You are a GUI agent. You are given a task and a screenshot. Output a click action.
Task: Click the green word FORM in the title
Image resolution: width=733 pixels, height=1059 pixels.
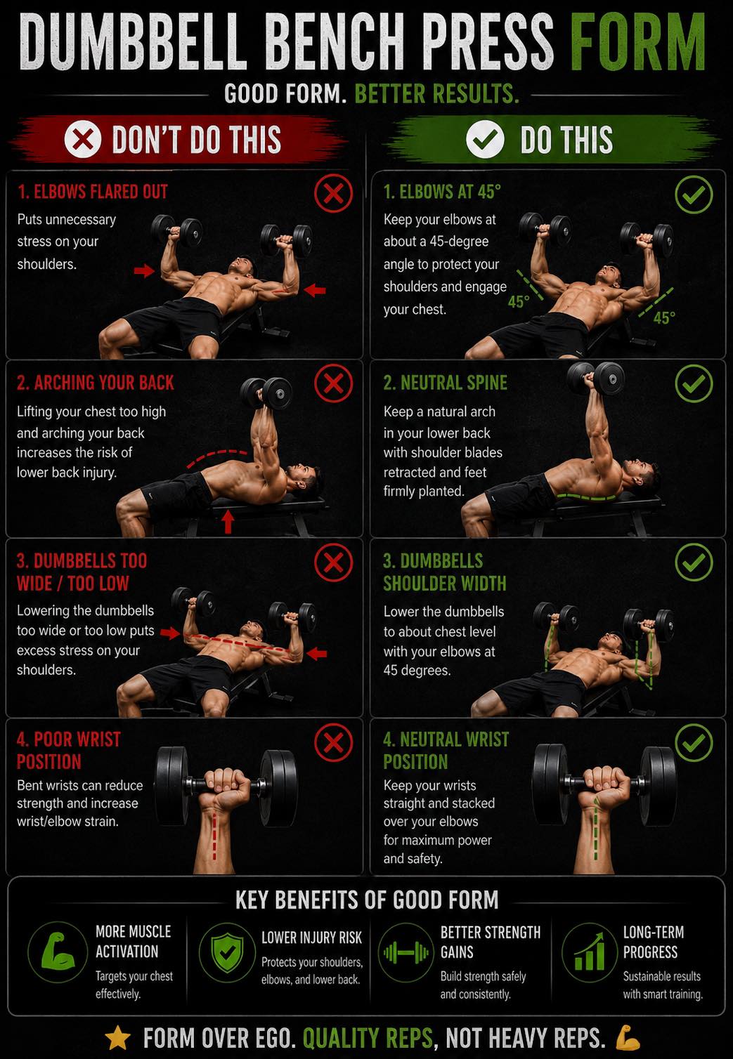click(638, 41)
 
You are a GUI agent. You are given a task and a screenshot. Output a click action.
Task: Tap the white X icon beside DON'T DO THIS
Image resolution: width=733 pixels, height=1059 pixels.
click(83, 139)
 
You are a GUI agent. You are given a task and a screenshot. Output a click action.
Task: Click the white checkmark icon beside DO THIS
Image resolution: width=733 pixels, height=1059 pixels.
click(485, 139)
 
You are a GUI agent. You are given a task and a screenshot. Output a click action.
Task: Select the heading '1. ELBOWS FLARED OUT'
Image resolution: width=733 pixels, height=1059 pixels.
click(93, 192)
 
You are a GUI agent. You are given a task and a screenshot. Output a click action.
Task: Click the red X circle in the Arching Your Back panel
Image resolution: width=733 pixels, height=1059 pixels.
click(334, 383)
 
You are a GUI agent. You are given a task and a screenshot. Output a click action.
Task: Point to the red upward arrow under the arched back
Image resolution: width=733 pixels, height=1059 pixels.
click(228, 522)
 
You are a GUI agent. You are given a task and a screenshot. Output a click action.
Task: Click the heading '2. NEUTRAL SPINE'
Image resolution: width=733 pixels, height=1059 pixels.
click(446, 383)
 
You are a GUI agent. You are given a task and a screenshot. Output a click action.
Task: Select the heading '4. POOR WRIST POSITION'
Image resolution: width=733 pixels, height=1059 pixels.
click(69, 750)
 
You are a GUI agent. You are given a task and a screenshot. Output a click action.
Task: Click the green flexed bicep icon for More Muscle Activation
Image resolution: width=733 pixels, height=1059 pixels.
click(58, 952)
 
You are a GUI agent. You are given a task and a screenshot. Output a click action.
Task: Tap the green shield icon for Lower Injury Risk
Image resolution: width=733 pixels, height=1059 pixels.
click(228, 953)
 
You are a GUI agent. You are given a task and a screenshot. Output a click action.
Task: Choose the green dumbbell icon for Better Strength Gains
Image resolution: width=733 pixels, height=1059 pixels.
click(406, 952)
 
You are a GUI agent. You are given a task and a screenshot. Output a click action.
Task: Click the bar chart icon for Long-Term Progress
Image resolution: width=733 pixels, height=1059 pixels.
click(590, 952)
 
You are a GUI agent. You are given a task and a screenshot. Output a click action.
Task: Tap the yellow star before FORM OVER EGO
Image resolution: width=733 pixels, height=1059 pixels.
click(118, 1038)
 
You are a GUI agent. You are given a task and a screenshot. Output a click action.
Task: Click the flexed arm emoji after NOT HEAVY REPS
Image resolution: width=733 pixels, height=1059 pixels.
click(628, 1037)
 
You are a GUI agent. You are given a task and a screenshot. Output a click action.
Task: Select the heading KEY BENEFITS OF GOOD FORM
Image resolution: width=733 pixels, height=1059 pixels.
click(367, 900)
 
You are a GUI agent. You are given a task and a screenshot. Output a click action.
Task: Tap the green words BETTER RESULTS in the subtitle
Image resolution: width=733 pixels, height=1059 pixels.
click(436, 93)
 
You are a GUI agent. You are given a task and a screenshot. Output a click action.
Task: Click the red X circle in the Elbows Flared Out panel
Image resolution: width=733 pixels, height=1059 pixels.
click(334, 193)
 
